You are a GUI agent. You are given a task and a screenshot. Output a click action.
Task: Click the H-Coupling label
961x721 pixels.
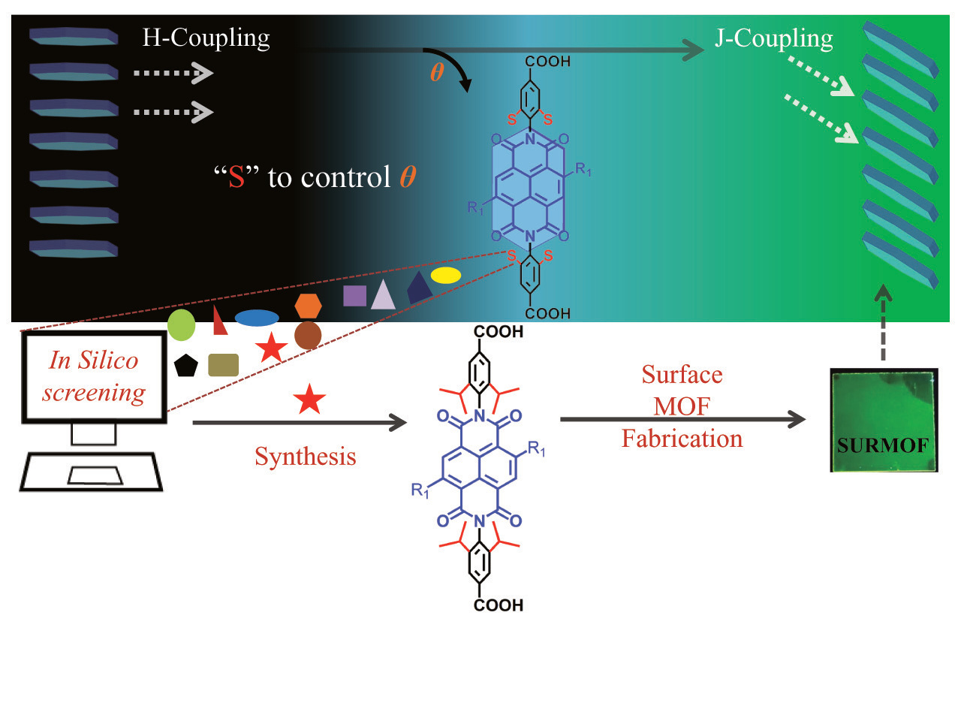coord(206,38)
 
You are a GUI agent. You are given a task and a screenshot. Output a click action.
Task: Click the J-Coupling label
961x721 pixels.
coord(773,38)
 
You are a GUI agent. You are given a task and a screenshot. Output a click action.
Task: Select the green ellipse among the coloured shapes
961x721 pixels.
coord(181,325)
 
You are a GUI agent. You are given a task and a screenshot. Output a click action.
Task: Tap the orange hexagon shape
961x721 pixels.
coord(308,306)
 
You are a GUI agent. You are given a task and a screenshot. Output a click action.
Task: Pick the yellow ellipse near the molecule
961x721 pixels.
coord(445,275)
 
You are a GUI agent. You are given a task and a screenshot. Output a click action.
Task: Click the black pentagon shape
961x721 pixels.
coord(185,366)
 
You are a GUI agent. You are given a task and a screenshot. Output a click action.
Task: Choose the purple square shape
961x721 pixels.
coord(354,295)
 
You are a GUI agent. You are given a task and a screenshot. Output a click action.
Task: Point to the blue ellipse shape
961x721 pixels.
coord(257,318)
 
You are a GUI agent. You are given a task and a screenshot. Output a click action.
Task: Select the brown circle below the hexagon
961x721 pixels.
coord(308,335)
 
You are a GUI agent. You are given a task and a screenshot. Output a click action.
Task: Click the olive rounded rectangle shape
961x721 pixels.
coord(223,365)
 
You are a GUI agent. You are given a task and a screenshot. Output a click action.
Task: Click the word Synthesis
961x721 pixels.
coord(305,457)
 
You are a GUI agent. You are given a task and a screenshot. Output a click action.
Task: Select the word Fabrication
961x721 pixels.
coord(682,439)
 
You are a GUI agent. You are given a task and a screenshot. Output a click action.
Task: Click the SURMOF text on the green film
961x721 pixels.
coord(883,446)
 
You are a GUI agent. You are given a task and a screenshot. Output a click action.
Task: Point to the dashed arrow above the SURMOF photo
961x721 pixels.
coord(884,323)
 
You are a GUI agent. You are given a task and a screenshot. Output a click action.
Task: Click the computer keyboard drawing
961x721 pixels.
coord(92,472)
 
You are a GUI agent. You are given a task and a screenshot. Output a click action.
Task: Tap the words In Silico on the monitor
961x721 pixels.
coord(94,360)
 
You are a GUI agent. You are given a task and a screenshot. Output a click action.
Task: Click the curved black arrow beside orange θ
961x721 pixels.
coord(453,68)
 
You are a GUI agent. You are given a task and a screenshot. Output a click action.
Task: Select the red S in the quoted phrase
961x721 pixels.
coord(236,178)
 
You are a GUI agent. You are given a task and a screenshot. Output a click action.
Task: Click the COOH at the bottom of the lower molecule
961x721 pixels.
coord(498,605)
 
